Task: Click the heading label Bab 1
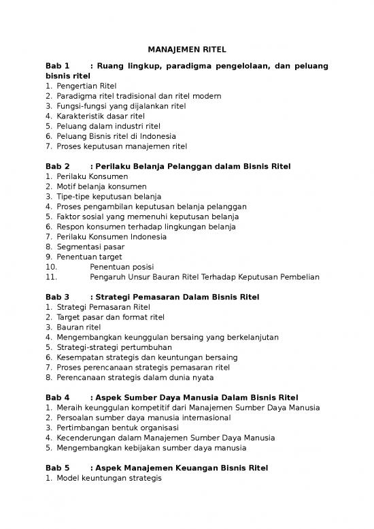(x=58, y=66)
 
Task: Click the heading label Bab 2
(x=58, y=165)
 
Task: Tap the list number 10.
(x=50, y=267)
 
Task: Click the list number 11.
(x=50, y=276)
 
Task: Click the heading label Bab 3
(x=58, y=297)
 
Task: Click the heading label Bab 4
(x=58, y=397)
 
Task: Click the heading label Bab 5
(x=58, y=468)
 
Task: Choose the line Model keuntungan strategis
(x=109, y=478)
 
